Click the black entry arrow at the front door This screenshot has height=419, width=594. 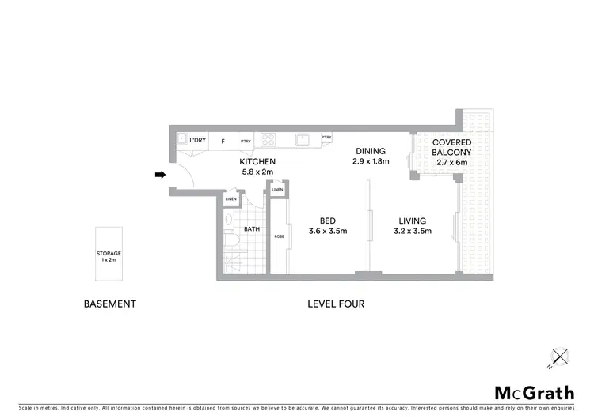(x=161, y=175)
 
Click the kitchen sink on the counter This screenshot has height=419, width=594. (x=302, y=140)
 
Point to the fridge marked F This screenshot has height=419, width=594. (x=223, y=142)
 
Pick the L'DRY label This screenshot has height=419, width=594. (x=197, y=141)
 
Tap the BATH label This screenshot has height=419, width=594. (x=252, y=230)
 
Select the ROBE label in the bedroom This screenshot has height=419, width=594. (x=279, y=236)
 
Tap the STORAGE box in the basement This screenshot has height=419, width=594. (x=109, y=255)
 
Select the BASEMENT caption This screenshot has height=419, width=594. (x=110, y=304)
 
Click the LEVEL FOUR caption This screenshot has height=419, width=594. (x=336, y=304)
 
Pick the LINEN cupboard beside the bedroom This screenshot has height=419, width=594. (x=277, y=191)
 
